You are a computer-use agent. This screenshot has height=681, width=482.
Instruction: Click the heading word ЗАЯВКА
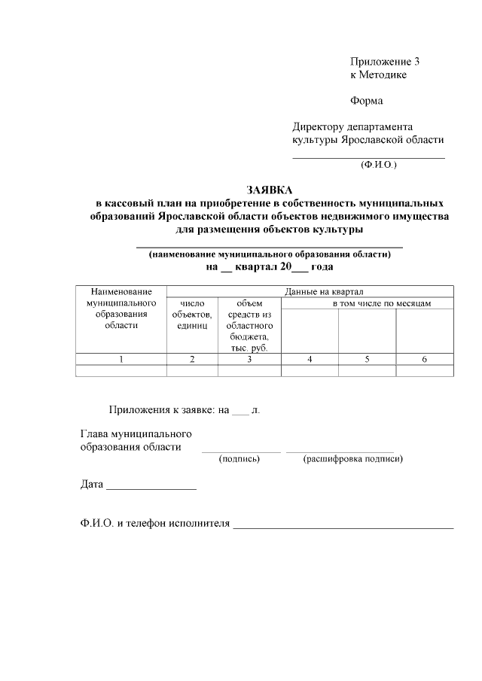coord(269,190)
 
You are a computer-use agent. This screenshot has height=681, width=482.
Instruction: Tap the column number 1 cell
coord(121,360)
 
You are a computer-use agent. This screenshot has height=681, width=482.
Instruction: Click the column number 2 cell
coord(192,360)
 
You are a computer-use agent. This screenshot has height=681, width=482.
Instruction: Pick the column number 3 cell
coord(249,360)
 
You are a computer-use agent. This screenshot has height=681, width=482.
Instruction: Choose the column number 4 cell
coord(310,360)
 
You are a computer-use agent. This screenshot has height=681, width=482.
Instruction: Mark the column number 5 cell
coord(367,360)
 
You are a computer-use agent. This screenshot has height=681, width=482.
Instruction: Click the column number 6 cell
coord(425,360)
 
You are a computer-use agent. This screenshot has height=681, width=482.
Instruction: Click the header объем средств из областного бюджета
coord(249,325)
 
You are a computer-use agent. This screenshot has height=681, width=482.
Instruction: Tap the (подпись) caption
coord(239,458)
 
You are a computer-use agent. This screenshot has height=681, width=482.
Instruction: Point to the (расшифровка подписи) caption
coord(353,458)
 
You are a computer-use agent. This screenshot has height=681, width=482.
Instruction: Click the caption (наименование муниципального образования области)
coord(270,254)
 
